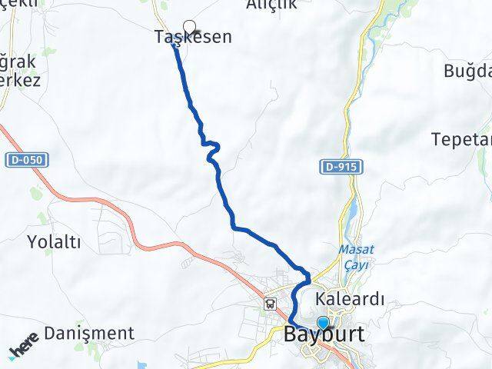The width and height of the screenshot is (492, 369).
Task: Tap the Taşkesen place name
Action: pos(193,37)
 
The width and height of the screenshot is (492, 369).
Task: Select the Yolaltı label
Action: pos(54,242)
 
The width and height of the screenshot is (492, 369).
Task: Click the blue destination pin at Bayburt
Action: pos(323,324)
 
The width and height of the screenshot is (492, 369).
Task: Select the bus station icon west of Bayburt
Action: pos(271,302)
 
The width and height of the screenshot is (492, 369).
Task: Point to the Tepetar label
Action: pos(461,140)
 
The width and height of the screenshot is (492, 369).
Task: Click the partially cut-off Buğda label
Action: pos(467,71)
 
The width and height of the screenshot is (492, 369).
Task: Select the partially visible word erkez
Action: pos(14,79)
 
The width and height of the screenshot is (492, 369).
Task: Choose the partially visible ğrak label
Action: pos(15,60)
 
